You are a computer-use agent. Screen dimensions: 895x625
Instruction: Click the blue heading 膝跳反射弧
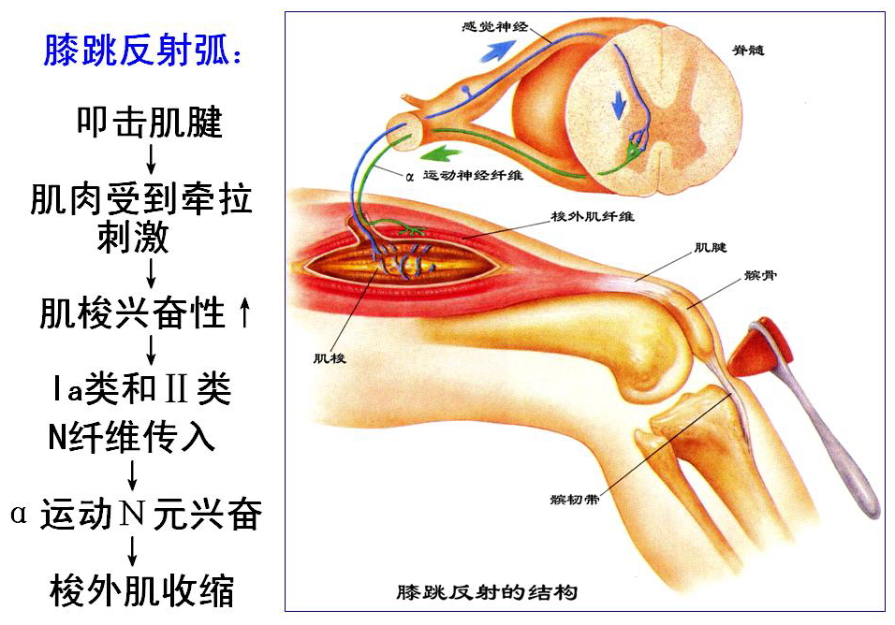142,51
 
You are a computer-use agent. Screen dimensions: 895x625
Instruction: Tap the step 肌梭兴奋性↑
146,314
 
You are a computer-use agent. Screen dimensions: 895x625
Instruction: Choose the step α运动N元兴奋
136,515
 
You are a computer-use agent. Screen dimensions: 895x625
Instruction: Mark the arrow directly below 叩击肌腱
151,154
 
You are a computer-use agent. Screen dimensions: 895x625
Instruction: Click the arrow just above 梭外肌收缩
133,551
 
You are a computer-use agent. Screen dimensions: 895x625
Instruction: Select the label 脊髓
750,49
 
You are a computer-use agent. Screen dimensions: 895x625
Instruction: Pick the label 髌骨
758,276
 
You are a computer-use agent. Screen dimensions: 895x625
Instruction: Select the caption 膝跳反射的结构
486,592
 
